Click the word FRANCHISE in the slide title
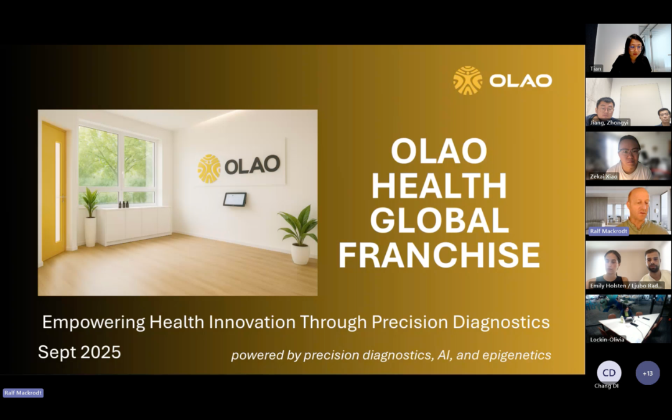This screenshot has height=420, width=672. point(439,255)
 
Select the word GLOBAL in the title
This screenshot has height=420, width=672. point(439,220)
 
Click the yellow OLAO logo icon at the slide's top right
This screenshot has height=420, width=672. point(467,80)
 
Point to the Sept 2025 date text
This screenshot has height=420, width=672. point(79,352)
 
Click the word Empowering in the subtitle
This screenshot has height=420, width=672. point(93,322)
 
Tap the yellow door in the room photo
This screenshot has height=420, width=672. point(54,191)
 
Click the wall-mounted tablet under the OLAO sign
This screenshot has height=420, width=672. point(235,199)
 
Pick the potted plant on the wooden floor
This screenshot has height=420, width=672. point(299,235)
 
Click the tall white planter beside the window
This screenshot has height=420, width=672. point(90,231)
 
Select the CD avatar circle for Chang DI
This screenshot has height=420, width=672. point(609,373)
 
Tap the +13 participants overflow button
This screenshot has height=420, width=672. point(648,373)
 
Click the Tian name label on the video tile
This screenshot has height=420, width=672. point(595,68)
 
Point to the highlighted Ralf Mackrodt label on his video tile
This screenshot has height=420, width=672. point(609,231)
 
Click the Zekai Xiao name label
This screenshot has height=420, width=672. point(604,177)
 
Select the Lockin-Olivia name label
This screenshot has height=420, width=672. point(607,340)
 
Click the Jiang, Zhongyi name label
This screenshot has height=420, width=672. point(609,123)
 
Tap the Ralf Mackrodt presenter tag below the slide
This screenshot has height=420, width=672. point(23,393)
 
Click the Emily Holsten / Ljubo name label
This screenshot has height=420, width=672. point(626,286)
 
